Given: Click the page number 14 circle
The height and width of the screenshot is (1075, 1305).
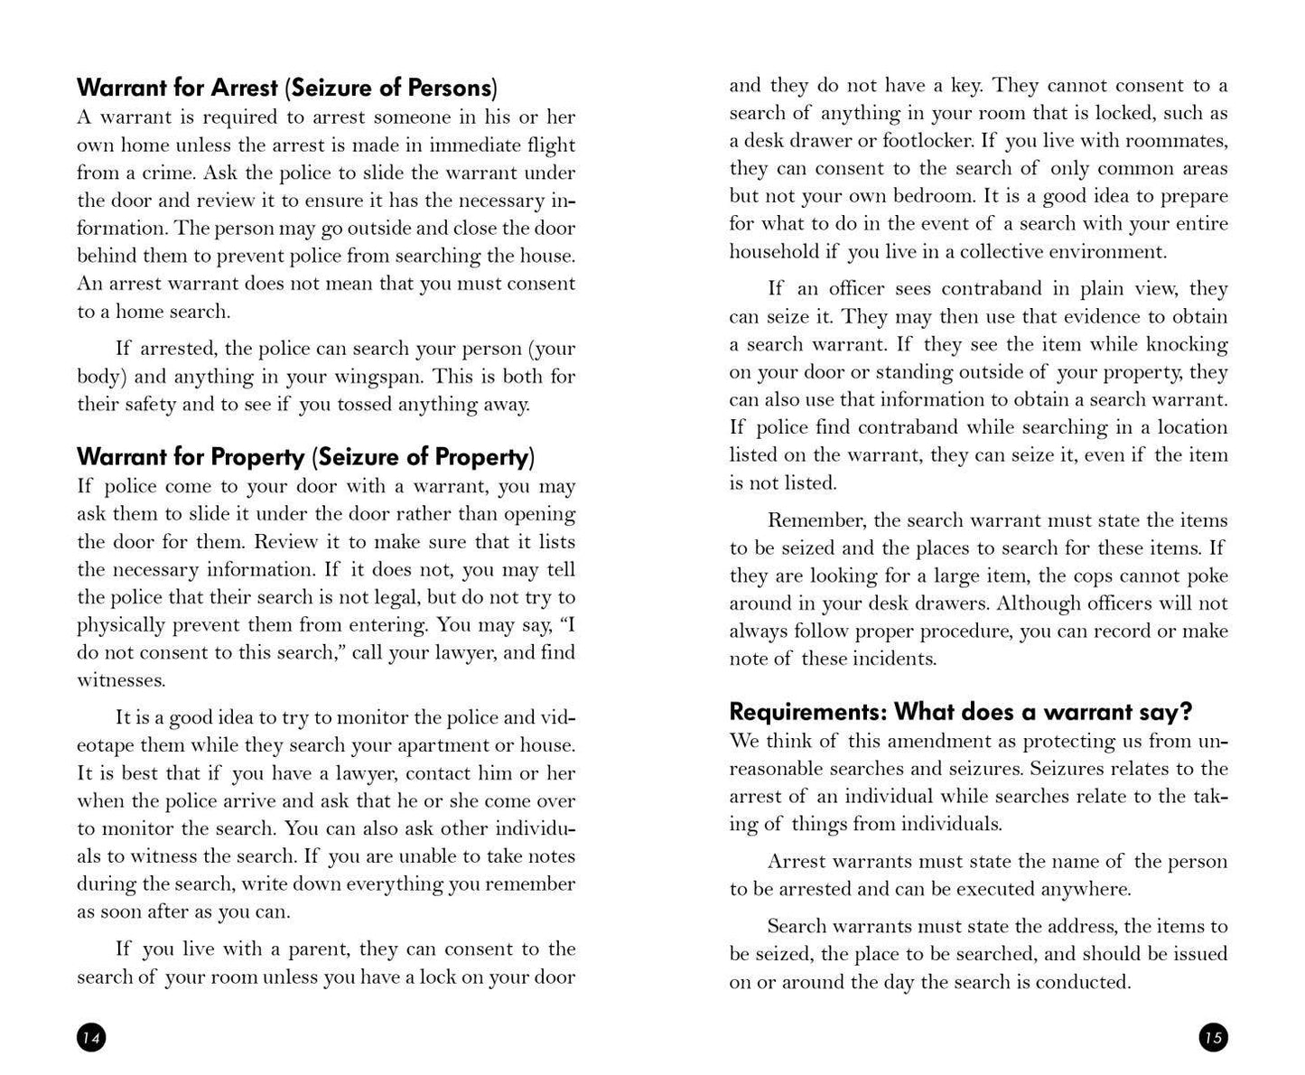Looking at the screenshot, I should coord(91,1038).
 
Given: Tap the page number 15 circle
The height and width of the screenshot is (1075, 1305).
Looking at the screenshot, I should coord(1213,1038).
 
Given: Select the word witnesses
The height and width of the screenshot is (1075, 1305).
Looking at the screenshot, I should coord(121,680).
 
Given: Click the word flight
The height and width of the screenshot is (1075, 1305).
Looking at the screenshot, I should coord(548,145).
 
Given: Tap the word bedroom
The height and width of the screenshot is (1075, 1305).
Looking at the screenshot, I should coord(934,196).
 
